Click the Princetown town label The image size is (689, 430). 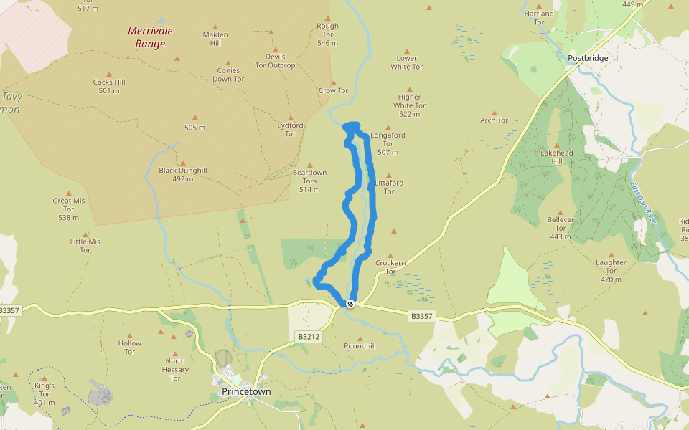(246, 392)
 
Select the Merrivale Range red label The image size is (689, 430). (151, 37)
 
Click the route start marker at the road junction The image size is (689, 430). (350, 304)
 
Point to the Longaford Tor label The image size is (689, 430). (388, 143)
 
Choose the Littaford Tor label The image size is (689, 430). (389, 187)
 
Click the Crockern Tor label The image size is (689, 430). (390, 267)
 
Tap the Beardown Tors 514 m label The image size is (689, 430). (309, 181)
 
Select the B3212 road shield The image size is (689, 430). (307, 336)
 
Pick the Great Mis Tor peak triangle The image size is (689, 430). (69, 193)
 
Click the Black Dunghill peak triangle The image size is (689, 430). (182, 163)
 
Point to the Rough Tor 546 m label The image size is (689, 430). (327, 34)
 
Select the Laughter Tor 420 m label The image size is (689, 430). (611, 271)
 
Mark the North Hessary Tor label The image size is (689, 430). (175, 370)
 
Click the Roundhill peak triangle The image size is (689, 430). (360, 338)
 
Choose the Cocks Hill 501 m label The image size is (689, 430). (109, 86)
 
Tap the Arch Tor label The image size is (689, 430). (494, 120)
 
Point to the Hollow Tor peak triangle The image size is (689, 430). (130, 335)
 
